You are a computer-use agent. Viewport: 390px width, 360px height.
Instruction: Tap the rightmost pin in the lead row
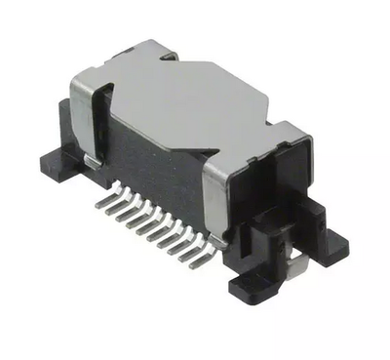click(209, 258)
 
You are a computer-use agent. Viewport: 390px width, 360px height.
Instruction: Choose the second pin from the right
click(198, 252)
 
